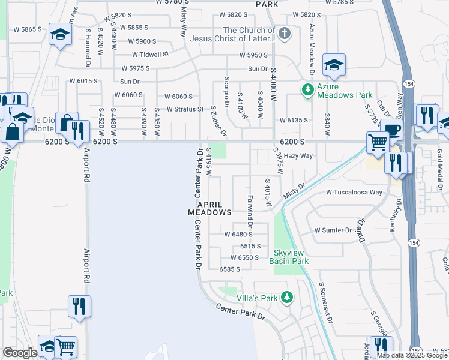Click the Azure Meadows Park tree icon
click(308, 90)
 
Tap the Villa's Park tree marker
click(288, 298)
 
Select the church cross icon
click(285, 34)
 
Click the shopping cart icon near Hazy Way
click(378, 143)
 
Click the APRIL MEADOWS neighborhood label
click(210, 208)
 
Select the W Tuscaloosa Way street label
click(354, 193)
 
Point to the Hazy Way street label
click(298, 155)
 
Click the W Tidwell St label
click(150, 54)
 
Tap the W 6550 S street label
click(240, 257)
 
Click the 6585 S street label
click(229, 269)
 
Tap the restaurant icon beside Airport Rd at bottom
click(79, 305)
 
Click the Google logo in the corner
click(19, 353)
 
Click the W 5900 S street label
click(138, 41)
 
